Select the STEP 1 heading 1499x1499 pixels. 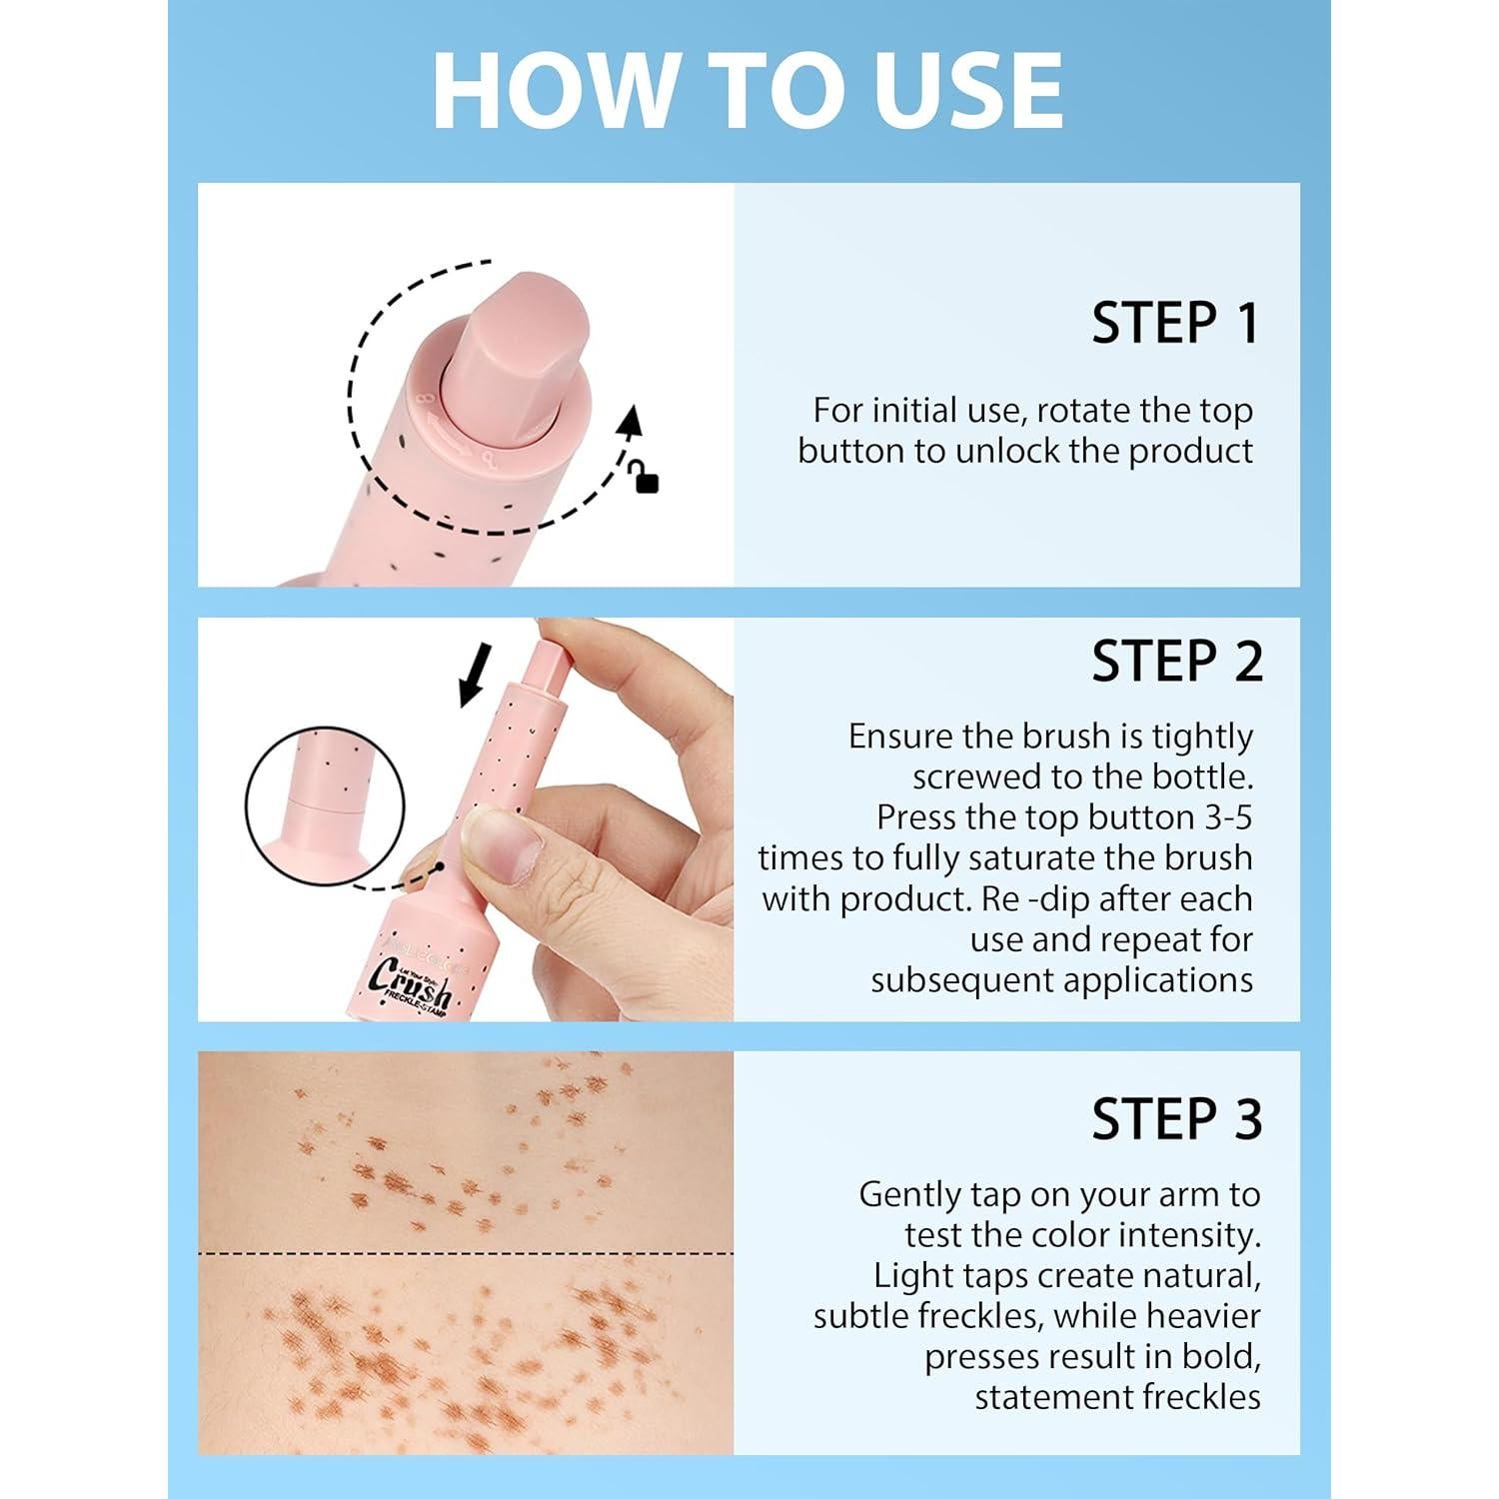pos(1175,324)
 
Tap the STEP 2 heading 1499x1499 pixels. pos(1176,662)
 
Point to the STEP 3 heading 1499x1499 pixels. pos(1176,1118)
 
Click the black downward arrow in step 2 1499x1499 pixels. pos(474,676)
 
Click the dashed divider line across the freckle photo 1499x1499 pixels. pos(466,1252)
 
